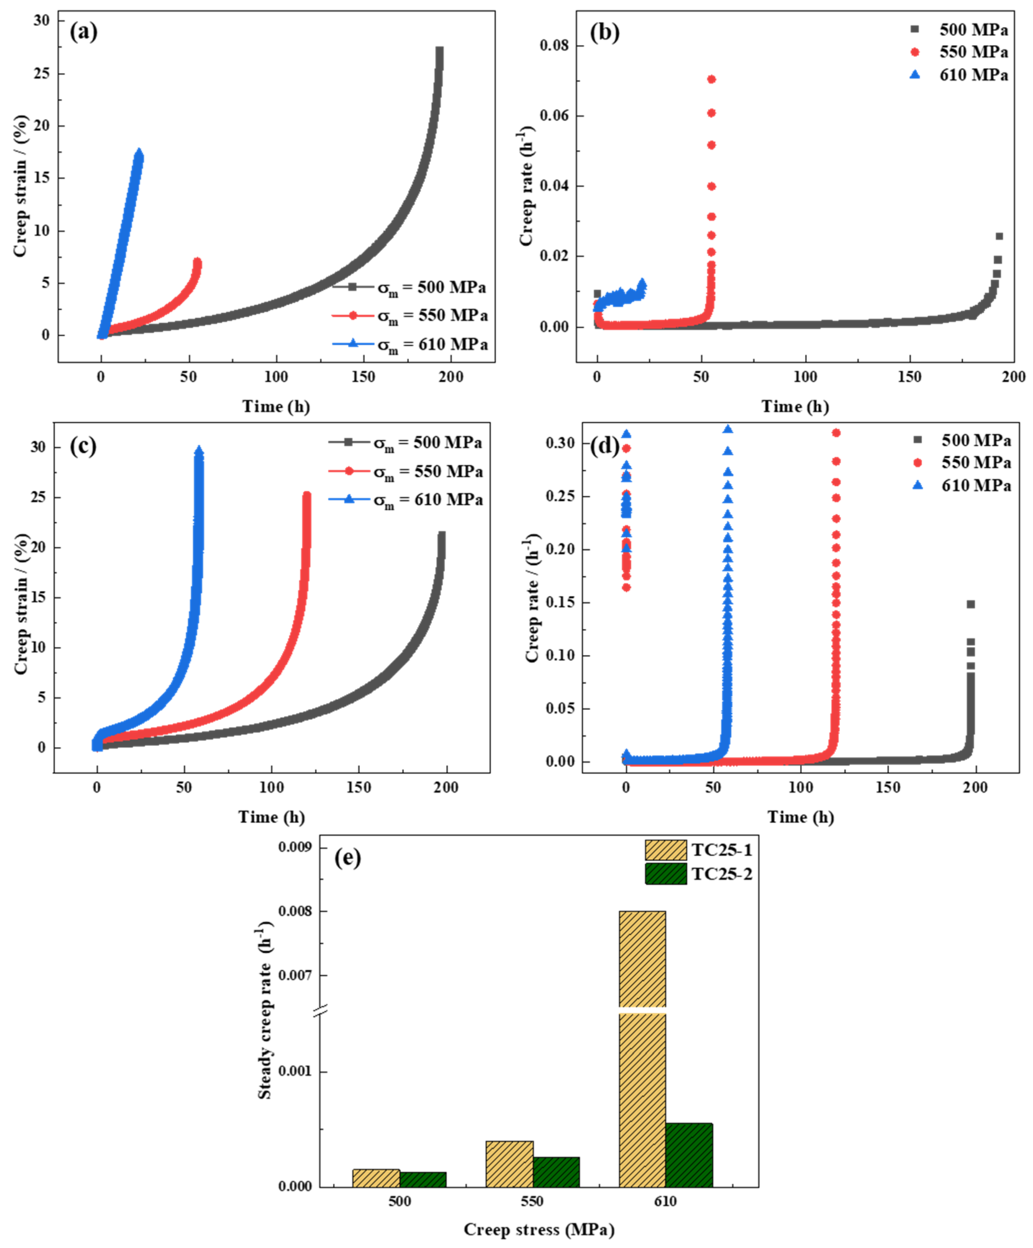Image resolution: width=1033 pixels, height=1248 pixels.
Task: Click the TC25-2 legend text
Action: (722, 874)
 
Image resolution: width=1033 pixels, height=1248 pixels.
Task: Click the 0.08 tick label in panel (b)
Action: (553, 46)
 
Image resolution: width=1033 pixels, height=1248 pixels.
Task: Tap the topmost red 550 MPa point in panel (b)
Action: (712, 79)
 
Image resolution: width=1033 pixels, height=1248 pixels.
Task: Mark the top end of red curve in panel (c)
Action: (307, 495)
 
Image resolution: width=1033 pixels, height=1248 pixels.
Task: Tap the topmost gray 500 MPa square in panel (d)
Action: (971, 604)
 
